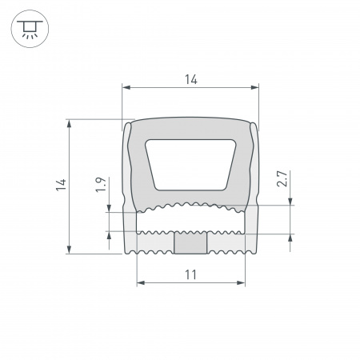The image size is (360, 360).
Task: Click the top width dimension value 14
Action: tap(190, 78)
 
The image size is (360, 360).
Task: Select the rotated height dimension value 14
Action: tap(61, 186)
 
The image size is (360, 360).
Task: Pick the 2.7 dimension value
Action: tap(282, 179)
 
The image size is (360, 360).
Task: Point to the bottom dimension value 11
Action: tap(190, 274)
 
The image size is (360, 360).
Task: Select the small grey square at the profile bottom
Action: tap(190, 242)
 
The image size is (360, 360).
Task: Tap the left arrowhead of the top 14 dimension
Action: tap(125, 86)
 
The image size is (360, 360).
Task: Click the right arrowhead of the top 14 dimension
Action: tap(256, 86)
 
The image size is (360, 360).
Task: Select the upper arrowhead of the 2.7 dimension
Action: tap(290, 201)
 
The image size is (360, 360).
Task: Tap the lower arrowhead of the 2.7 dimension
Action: tap(290, 238)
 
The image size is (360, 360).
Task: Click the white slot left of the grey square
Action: tap(155, 242)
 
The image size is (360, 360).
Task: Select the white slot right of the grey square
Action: tap(226, 242)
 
